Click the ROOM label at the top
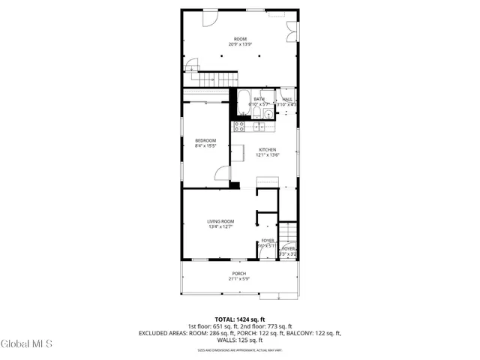(239, 39)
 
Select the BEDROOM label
(205, 141)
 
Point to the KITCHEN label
(268, 149)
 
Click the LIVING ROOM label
(221, 220)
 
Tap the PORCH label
(238, 273)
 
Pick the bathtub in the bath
(243, 103)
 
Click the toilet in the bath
(257, 113)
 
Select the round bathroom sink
(269, 113)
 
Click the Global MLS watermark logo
(26, 343)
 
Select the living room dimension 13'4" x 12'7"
(221, 226)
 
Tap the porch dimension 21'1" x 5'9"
(238, 279)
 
